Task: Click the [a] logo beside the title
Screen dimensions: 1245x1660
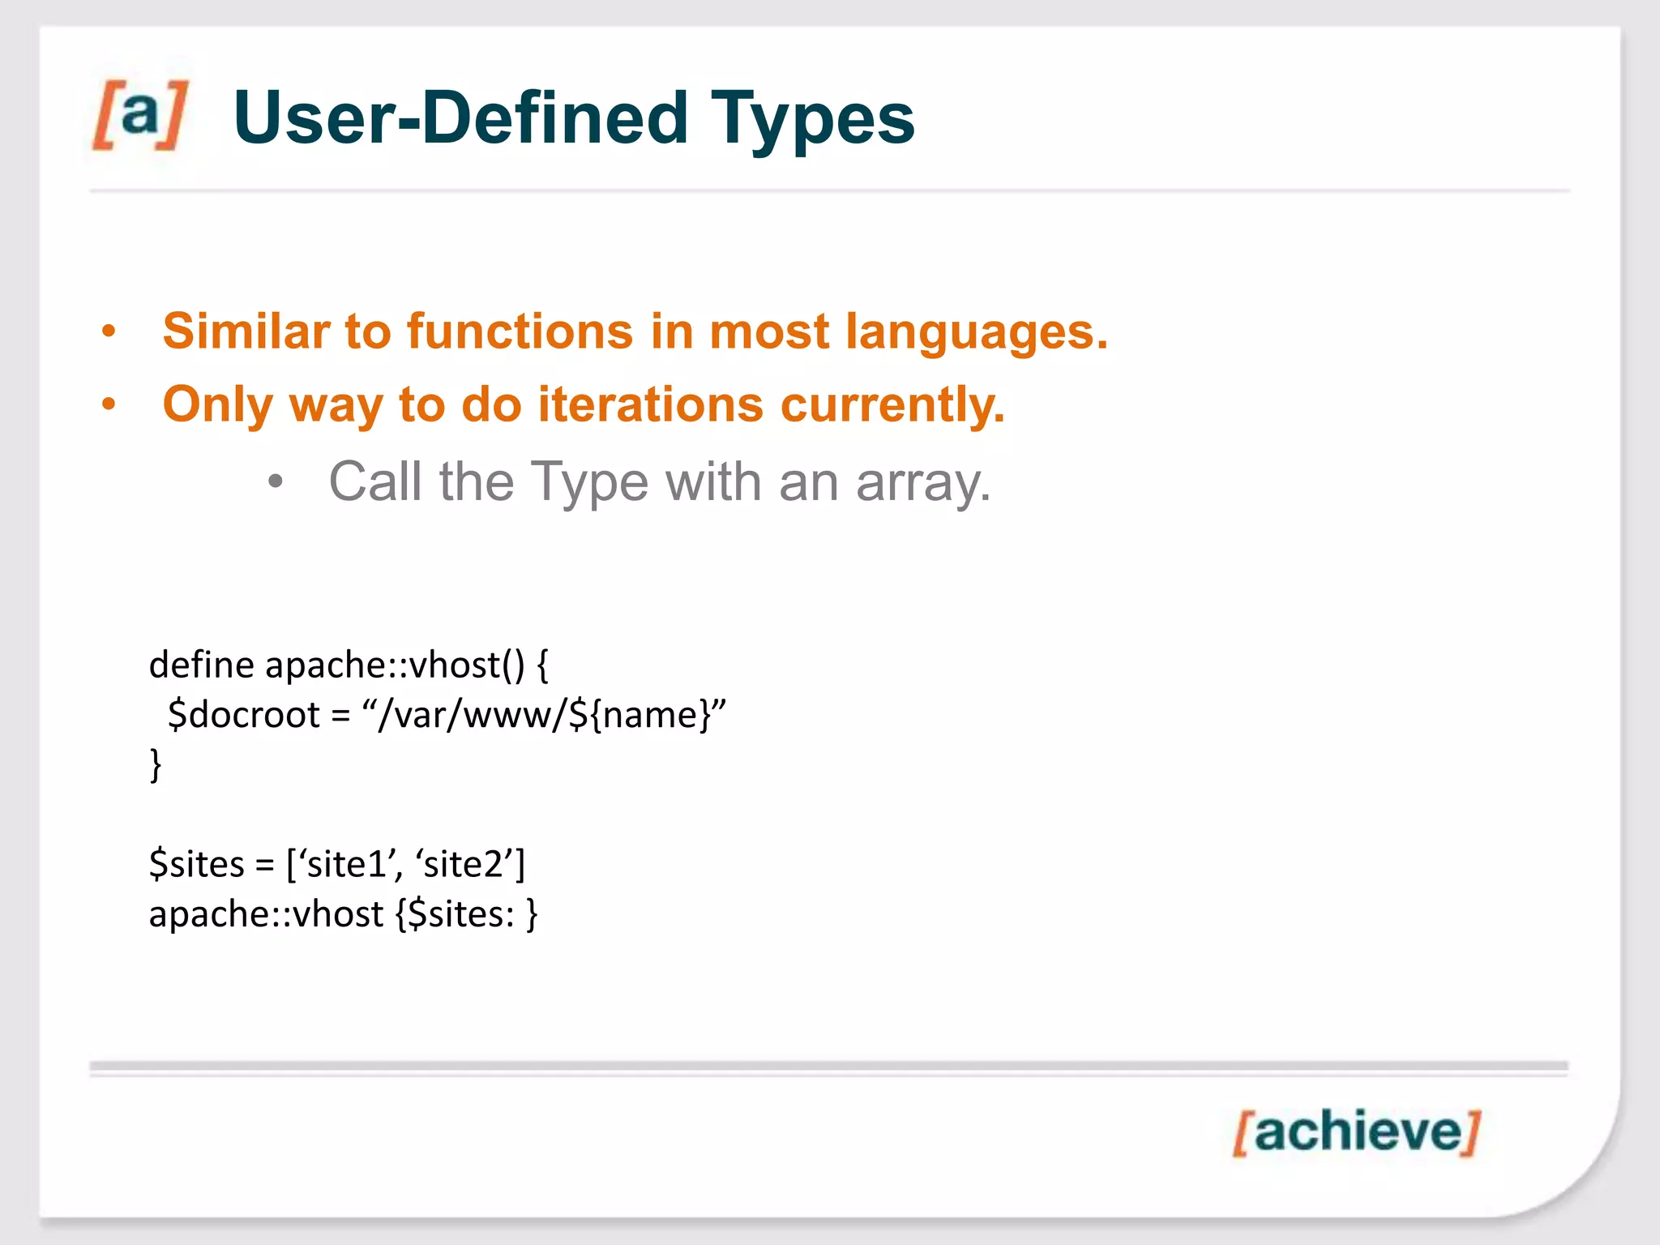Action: (140, 114)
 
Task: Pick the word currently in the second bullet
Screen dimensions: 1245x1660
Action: (892, 404)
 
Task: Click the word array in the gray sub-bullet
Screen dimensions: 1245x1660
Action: (922, 483)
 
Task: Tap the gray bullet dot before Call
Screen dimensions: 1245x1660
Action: (276, 482)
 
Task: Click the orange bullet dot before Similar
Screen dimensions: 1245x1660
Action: (109, 332)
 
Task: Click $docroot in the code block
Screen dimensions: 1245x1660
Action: (243, 716)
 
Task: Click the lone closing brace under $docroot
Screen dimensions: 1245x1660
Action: (156, 764)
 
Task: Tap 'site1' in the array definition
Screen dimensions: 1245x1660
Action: (344, 865)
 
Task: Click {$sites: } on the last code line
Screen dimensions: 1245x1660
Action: (466, 915)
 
